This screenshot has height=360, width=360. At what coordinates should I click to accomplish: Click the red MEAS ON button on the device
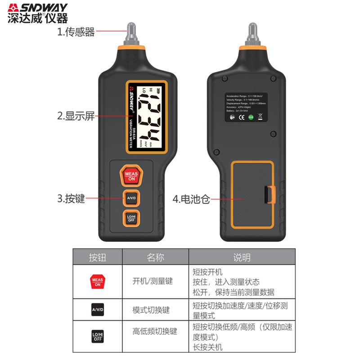[131, 175]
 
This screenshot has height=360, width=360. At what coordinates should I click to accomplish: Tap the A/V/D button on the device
[131, 198]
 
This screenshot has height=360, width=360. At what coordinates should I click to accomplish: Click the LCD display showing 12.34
[147, 117]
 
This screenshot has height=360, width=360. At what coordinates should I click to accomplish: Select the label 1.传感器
[76, 32]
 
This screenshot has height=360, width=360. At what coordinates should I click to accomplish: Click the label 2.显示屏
[76, 116]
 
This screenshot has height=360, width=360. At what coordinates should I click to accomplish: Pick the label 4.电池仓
[192, 198]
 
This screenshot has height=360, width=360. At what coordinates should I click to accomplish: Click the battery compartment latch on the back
[269, 194]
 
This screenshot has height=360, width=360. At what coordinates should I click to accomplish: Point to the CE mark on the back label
[241, 117]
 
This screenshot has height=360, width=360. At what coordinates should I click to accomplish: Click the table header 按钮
[98, 257]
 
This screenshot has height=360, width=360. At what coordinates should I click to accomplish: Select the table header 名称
[155, 257]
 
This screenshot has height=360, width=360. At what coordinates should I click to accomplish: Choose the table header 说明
[242, 257]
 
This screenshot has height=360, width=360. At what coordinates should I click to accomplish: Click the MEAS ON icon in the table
[98, 282]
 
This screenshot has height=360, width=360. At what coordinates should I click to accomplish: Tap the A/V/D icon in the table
[98, 310]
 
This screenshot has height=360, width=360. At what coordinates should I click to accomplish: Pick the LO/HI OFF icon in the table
[98, 336]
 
